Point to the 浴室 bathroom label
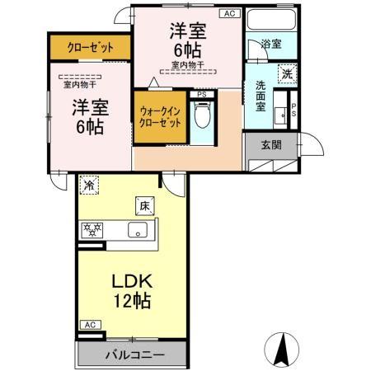tap(270, 45)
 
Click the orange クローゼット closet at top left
tap(91, 47)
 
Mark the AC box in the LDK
tap(91, 326)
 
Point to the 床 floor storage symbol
tap(142, 205)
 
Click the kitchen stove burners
tap(92, 228)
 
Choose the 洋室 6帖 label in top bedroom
tap(188, 39)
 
